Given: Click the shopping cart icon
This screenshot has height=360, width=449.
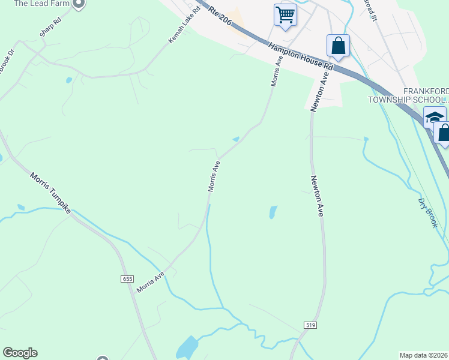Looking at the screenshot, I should (x=286, y=14).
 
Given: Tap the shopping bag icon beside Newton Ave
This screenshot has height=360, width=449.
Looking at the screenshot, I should (x=339, y=46).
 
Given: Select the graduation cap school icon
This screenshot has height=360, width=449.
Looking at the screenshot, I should (x=434, y=117).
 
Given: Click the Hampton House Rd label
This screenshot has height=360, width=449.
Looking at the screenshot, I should (x=300, y=56).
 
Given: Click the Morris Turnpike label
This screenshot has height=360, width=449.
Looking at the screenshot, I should (x=50, y=194).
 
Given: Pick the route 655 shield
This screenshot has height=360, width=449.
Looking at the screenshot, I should (x=127, y=279).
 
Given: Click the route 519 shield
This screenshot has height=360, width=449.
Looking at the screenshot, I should (x=310, y=325).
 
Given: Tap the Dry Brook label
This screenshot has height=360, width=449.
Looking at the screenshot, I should (x=429, y=212).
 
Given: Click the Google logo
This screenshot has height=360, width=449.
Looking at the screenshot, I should (x=20, y=353).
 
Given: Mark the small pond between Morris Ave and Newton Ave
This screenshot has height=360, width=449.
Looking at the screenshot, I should (x=273, y=212).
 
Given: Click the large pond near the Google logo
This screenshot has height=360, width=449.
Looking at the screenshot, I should (x=187, y=347).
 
